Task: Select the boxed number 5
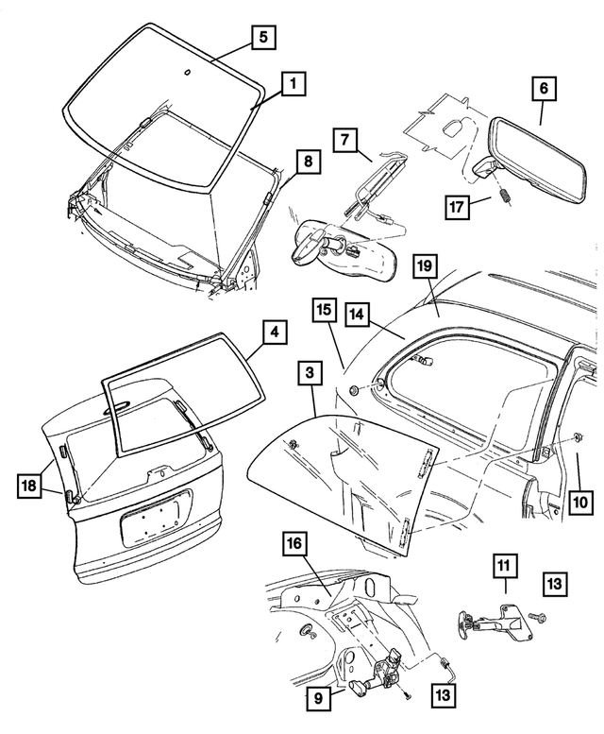[x=263, y=38]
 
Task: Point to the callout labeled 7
[x=345, y=140]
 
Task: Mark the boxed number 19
[x=427, y=267]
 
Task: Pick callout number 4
[x=273, y=333]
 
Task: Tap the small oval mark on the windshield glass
[x=187, y=73]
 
